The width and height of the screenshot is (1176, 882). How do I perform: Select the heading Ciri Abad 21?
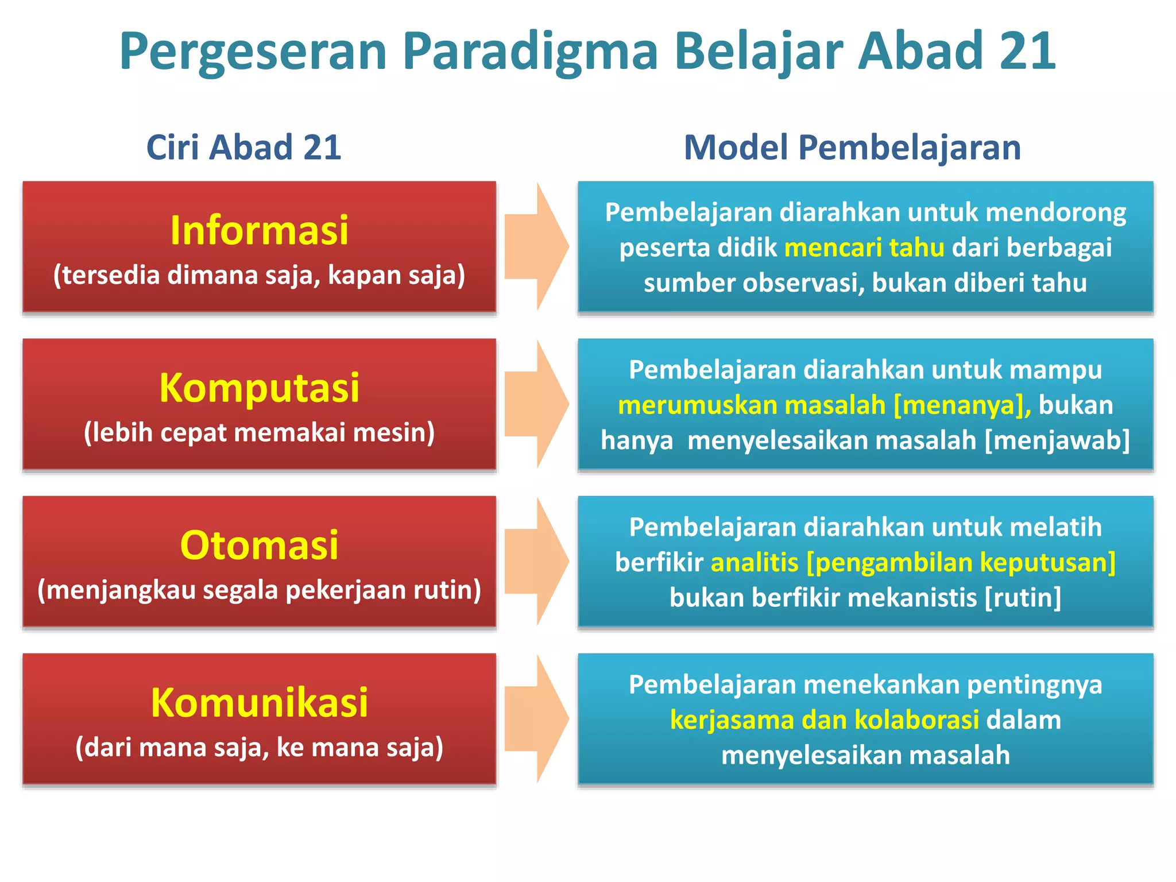pyautogui.click(x=244, y=147)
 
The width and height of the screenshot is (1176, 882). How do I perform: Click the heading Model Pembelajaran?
pyautogui.click(x=852, y=147)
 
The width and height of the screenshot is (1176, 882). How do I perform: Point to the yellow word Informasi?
pyautogui.click(x=259, y=230)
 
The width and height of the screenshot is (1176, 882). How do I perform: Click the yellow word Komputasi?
pyautogui.click(x=259, y=388)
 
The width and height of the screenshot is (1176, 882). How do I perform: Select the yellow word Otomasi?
pyautogui.click(x=259, y=545)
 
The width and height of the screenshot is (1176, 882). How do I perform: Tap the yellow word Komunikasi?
pyautogui.click(x=259, y=702)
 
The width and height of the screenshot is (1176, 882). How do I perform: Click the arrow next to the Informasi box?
pyautogui.click(x=537, y=247)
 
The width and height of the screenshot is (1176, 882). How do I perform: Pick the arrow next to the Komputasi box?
pyautogui.click(x=537, y=404)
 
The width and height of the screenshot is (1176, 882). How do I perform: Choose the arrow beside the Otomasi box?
pyautogui.click(x=537, y=562)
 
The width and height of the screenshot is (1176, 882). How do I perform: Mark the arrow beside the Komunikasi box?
pyautogui.click(x=537, y=719)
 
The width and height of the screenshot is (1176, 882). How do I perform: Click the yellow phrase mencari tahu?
pyautogui.click(x=864, y=247)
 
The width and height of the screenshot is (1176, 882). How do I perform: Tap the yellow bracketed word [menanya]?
pyautogui.click(x=962, y=405)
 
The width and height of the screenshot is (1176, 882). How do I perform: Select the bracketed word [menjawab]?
pyautogui.click(x=1057, y=440)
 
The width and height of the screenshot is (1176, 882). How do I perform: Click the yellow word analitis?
pyautogui.click(x=754, y=563)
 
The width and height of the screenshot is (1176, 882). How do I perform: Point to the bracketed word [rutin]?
pyautogui.click(x=1023, y=598)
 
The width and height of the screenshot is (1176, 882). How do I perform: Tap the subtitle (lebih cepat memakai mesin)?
pyautogui.click(x=259, y=432)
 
